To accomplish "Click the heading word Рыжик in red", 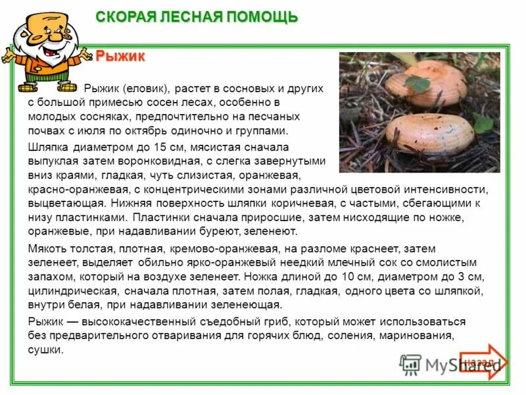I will tap(120, 57).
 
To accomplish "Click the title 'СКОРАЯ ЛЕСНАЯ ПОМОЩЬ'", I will tap(197, 16).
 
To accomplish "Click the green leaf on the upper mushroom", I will tap(417, 83).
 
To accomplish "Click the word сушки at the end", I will tap(45, 350).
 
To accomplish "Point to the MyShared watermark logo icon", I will tap(411, 363).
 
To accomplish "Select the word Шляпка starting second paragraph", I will tap(49, 147).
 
